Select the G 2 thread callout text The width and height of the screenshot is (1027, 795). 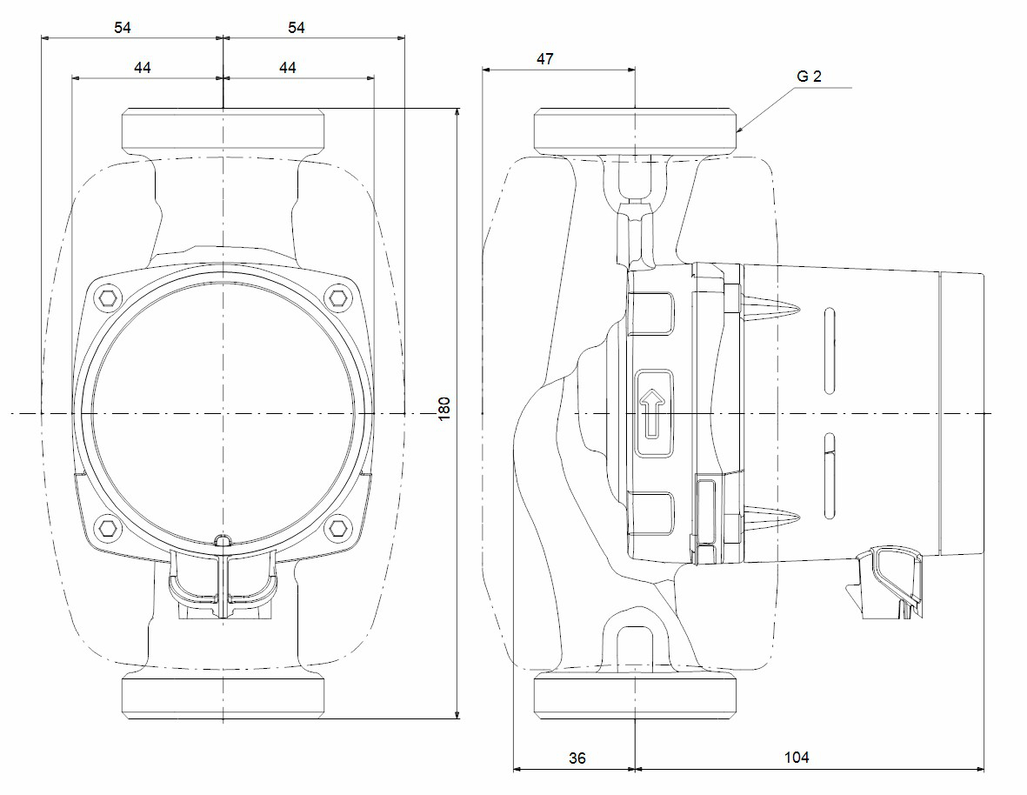tap(808, 77)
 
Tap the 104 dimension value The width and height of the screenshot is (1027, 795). tap(796, 758)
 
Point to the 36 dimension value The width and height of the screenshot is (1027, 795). tap(577, 758)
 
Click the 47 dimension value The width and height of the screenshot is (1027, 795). tap(544, 59)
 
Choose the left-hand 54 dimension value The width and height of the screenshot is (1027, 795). tap(123, 28)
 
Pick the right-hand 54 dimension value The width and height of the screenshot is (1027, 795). tap(297, 28)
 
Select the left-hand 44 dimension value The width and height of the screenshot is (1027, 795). tap(143, 68)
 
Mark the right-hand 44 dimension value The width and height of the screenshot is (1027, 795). tap(288, 68)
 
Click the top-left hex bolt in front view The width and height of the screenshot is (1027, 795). tap(108, 298)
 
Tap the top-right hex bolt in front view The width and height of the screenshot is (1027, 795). tap(337, 298)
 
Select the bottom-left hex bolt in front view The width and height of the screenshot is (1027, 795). tap(108, 527)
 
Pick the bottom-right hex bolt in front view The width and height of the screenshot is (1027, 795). tap(337, 527)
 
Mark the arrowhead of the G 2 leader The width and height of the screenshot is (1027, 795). tap(739, 130)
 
